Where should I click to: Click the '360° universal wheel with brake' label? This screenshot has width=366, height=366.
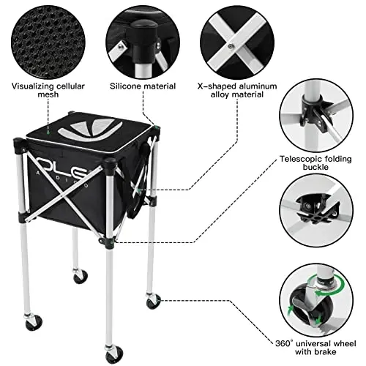coord(319,351)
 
